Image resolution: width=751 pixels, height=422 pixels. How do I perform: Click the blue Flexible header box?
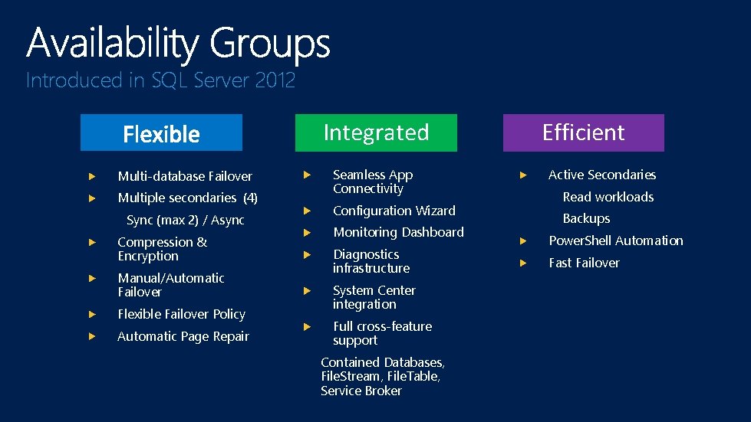point(161,133)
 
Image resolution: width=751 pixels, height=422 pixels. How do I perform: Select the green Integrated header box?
point(376,132)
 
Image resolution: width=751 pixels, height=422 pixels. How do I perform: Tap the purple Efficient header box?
point(583,132)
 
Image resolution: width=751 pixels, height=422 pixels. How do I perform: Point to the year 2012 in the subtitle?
point(275,80)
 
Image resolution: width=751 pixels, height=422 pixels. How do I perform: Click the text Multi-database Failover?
point(185,176)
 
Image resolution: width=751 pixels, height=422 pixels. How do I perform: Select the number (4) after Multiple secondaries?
point(250,198)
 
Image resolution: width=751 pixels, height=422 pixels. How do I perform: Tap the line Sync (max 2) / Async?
point(185,221)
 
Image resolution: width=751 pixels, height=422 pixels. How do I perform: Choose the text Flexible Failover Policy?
point(181,314)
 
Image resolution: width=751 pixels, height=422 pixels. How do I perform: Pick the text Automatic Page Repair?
point(183,336)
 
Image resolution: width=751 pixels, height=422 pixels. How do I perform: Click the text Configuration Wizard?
point(394,211)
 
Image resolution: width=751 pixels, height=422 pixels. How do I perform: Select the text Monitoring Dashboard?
point(398,232)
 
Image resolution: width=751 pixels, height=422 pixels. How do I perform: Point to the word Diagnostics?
point(366,254)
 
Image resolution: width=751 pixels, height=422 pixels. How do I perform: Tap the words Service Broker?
point(361,391)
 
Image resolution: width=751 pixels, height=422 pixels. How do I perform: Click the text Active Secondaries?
point(602,175)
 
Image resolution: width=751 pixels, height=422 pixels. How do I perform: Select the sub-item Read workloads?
point(608,197)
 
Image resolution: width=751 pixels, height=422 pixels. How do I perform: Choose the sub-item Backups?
point(586,219)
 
